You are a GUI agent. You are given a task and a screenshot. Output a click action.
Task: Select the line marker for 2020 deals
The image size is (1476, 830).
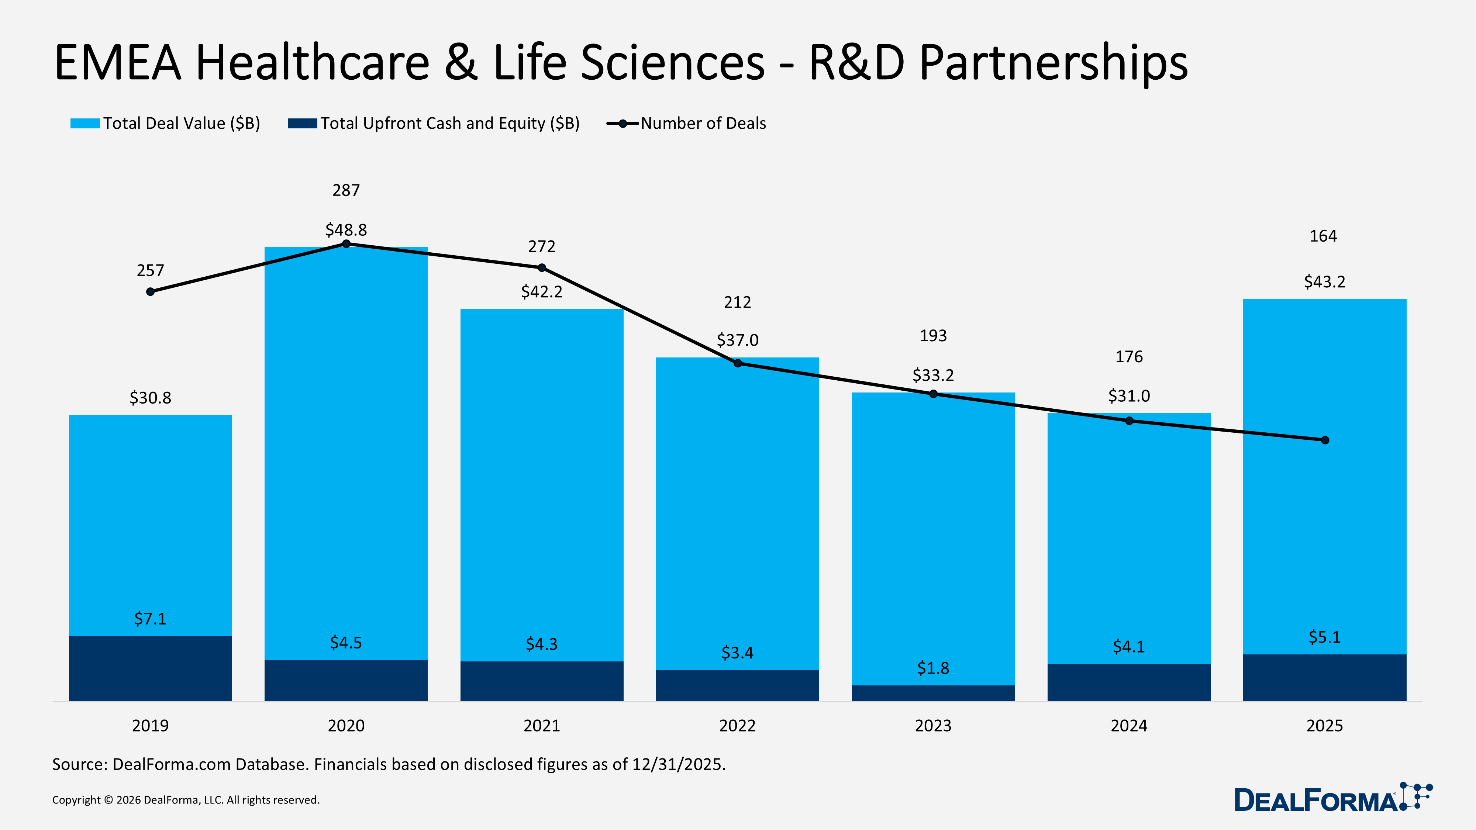[x=346, y=244]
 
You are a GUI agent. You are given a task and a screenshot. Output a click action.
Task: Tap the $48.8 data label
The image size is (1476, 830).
[x=346, y=230]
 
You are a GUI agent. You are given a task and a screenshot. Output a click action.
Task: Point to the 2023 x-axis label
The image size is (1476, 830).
[x=933, y=726]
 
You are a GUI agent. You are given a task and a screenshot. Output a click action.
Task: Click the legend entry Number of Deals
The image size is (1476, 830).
[x=703, y=123]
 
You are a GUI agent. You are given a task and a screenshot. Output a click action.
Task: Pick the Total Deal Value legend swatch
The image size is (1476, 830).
[x=85, y=123]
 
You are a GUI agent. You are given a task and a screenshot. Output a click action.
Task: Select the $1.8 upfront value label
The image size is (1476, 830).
[x=933, y=668]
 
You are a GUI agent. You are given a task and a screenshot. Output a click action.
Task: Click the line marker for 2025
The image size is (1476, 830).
[x=1325, y=440]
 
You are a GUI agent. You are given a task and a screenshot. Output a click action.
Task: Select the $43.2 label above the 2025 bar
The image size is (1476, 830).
[x=1324, y=282]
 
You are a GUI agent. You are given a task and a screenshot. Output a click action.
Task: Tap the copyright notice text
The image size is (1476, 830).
[x=186, y=800]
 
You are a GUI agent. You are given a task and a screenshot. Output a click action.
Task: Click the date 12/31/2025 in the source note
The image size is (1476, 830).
[x=678, y=765]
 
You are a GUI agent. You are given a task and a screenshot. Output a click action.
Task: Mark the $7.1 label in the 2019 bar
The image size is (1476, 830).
[x=150, y=619]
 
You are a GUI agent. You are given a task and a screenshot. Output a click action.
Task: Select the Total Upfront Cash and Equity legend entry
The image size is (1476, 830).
[x=449, y=123]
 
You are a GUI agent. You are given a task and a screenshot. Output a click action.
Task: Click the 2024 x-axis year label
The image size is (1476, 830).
[x=1129, y=726]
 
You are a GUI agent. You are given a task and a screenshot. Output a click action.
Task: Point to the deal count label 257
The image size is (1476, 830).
[x=150, y=270]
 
